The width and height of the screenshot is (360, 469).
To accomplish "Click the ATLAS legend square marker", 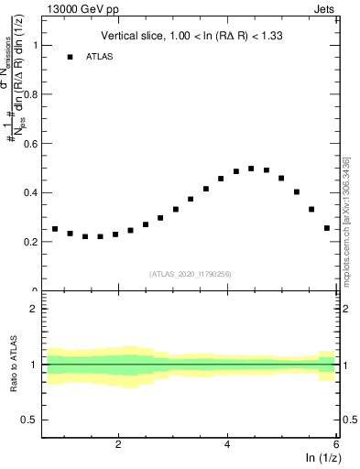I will [69, 57].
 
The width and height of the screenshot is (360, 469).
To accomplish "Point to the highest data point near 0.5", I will [251, 169].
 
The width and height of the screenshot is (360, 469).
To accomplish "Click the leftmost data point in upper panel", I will [55, 229].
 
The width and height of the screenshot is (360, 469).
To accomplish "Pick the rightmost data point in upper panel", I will [327, 228].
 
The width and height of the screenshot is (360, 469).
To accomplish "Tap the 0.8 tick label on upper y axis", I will [31, 93].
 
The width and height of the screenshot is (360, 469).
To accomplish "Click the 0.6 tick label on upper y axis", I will [31, 143].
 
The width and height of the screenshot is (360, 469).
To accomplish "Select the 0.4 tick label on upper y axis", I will [31, 192].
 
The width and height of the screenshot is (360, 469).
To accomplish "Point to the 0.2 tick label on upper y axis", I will [31, 242].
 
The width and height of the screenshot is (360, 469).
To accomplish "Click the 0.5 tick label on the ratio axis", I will [31, 420].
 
